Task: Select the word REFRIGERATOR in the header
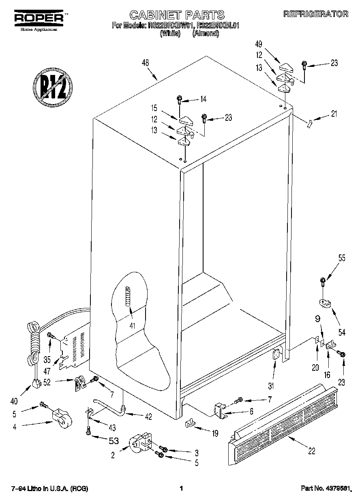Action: click(x=316, y=14)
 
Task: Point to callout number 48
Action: click(x=145, y=63)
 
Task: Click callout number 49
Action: click(x=258, y=44)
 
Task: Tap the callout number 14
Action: click(x=203, y=99)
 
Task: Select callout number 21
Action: click(x=334, y=114)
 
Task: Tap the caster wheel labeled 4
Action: click(x=59, y=417)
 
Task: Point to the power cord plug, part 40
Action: click(x=37, y=382)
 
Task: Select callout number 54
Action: click(x=342, y=332)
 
